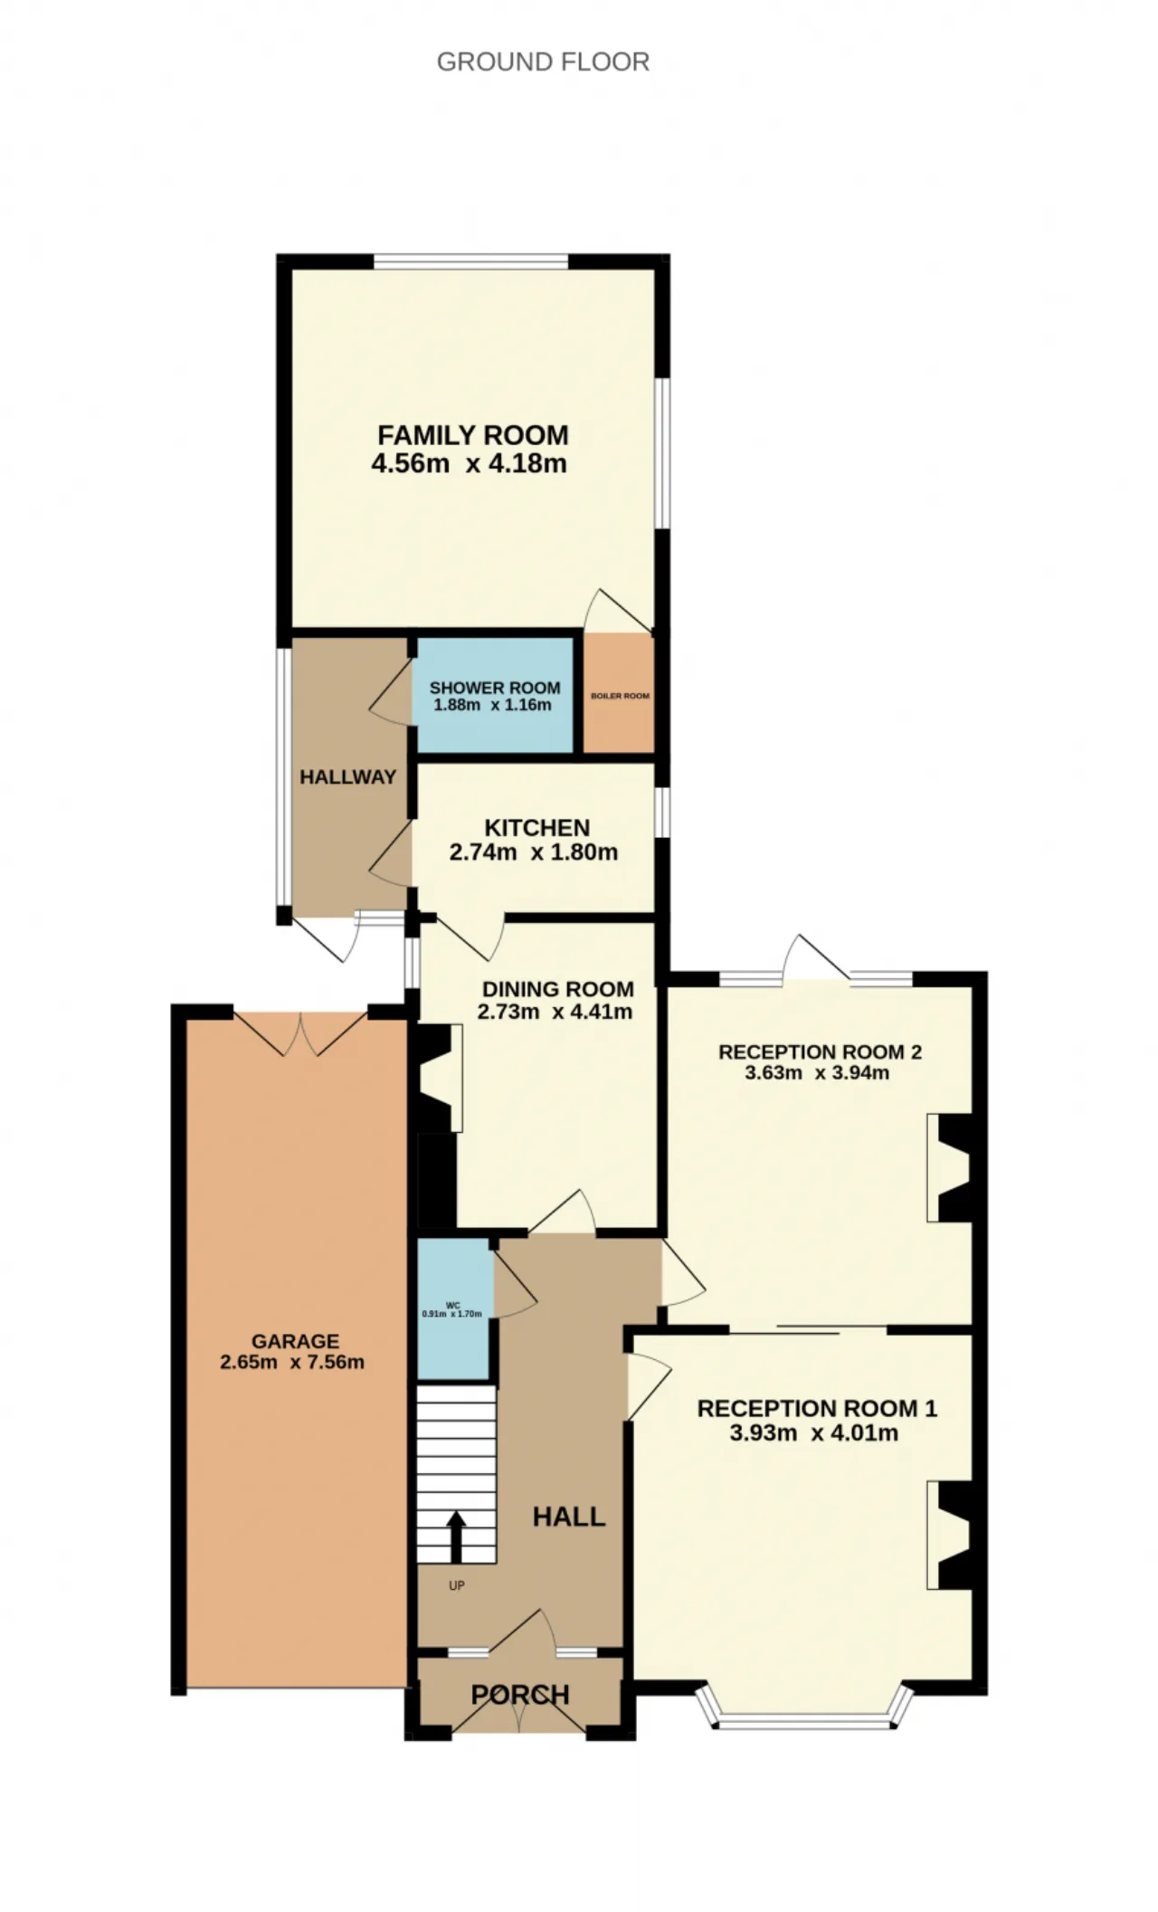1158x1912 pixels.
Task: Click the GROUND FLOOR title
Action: point(543,62)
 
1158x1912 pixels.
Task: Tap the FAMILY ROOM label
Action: point(473,435)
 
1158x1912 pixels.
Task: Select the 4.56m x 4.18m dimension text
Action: point(469,464)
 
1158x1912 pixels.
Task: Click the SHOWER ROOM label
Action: point(495,688)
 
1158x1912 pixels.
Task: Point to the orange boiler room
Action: point(619,692)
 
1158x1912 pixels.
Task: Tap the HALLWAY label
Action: point(348,777)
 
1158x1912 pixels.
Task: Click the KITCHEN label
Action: point(537,828)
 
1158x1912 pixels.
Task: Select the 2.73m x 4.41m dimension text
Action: point(555,1012)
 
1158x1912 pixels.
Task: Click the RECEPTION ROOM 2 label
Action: point(820,1052)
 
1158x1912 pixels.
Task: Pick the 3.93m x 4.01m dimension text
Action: point(814,1433)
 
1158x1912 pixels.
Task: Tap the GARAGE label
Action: point(296,1342)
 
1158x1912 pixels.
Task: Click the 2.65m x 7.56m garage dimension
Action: point(292,1363)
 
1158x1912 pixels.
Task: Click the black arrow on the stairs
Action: point(456,1536)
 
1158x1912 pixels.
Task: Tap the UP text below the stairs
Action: point(457,1585)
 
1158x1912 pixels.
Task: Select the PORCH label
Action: point(520,1695)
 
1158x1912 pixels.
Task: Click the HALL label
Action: point(569,1517)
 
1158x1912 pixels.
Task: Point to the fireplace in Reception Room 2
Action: point(950,1167)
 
